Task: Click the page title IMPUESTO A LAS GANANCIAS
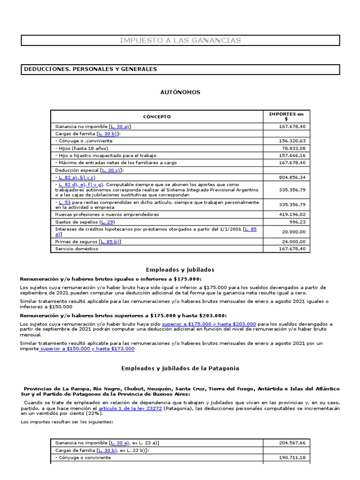180,40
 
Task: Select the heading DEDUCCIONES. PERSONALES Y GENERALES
90,69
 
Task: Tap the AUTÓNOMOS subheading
180,92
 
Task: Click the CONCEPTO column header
157,117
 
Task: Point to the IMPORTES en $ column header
286,117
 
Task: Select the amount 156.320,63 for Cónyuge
292,141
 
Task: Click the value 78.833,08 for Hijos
293,148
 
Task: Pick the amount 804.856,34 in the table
292,178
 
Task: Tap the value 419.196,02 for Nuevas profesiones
292,214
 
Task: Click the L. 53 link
64,202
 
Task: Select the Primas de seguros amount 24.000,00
293,241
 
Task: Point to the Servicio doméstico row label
77,249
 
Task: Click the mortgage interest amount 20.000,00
293,232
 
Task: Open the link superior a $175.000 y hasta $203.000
209,324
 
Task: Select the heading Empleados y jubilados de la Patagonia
180,368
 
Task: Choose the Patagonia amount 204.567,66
292,442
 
